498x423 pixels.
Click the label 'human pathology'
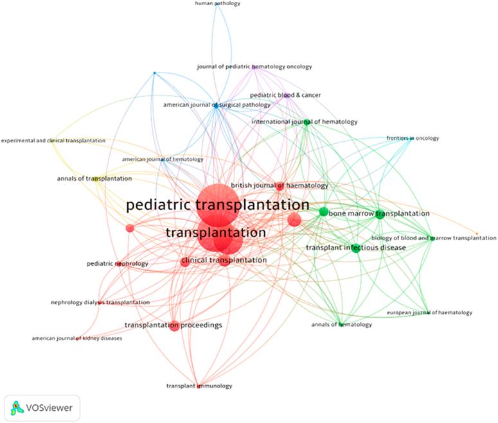click(x=217, y=4)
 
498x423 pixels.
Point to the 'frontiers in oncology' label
click(x=410, y=138)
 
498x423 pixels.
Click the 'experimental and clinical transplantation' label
click(x=53, y=141)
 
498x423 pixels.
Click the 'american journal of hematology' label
click(x=163, y=159)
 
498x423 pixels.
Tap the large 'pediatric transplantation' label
click(x=218, y=205)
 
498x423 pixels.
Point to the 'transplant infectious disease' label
click(x=355, y=248)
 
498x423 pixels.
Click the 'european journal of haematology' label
click(x=429, y=313)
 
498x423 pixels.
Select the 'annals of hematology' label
click(x=341, y=325)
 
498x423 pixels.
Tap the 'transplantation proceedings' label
click(x=173, y=325)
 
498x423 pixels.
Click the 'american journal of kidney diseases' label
click(x=76, y=338)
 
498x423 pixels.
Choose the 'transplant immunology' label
click(x=199, y=386)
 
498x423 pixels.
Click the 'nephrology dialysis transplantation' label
click(x=100, y=302)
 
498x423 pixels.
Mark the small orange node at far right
click(x=476, y=234)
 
